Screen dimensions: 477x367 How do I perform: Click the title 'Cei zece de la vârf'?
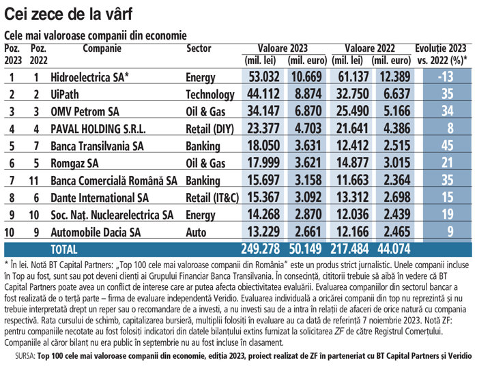[68, 14]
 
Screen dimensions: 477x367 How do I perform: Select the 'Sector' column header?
[199, 48]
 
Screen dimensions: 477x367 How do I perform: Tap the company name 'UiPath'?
[65, 94]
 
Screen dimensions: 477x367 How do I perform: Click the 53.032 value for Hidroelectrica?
[264, 76]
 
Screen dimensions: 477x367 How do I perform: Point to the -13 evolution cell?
[446, 76]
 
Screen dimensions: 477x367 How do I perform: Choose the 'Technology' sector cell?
[210, 95]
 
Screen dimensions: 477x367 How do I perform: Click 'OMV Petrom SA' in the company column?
[85, 112]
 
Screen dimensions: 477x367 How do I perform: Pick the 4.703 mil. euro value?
[308, 128]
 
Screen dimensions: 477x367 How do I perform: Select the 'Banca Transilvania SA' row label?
[97, 146]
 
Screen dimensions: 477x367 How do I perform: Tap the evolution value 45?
[447, 145]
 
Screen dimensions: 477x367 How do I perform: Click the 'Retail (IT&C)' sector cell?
[212, 198]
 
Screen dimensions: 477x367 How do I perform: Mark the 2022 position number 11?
[33, 181]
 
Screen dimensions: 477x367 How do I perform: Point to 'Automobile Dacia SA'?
[96, 233]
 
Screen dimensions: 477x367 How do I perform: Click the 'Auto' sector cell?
[196, 233]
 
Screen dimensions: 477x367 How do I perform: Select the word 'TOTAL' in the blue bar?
[64, 250]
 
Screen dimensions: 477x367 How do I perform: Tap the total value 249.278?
[261, 249]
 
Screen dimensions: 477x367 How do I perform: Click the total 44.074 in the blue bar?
[394, 249]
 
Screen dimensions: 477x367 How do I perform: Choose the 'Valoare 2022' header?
[370, 48]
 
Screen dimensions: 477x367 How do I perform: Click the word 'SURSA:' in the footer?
[25, 356]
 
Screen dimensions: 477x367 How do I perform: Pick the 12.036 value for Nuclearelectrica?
[353, 214]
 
